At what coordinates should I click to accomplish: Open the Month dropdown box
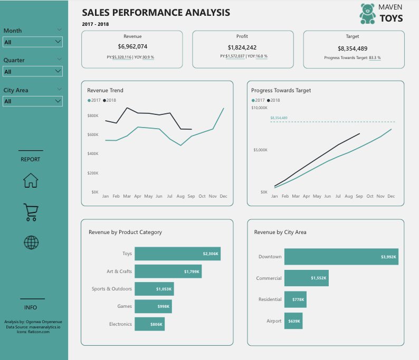pyautogui.click(x=33, y=42)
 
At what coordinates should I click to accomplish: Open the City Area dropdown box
pyautogui.click(x=33, y=101)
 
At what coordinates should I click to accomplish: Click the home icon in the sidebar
pyautogui.click(x=31, y=180)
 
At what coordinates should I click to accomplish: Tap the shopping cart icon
pyautogui.click(x=31, y=212)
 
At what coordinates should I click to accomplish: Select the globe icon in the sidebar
pyautogui.click(x=31, y=242)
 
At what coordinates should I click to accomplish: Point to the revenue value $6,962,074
pyautogui.click(x=132, y=47)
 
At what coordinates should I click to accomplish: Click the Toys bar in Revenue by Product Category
pyautogui.click(x=177, y=254)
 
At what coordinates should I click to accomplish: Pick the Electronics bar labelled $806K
pyautogui.click(x=149, y=324)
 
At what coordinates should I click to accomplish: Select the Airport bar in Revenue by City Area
pyautogui.click(x=293, y=320)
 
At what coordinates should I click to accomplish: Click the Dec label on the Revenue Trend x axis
pyautogui.click(x=223, y=196)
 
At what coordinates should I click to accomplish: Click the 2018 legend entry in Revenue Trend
pyautogui.click(x=111, y=100)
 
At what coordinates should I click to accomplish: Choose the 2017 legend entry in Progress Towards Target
pyautogui.click(x=258, y=100)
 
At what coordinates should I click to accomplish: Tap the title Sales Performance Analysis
pyautogui.click(x=156, y=12)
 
